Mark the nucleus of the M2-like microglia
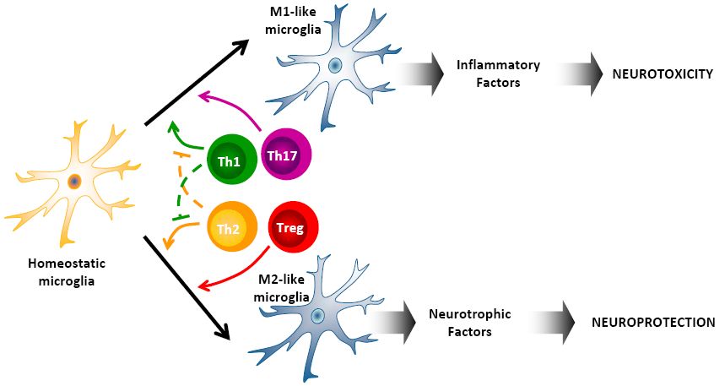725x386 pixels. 317,316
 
